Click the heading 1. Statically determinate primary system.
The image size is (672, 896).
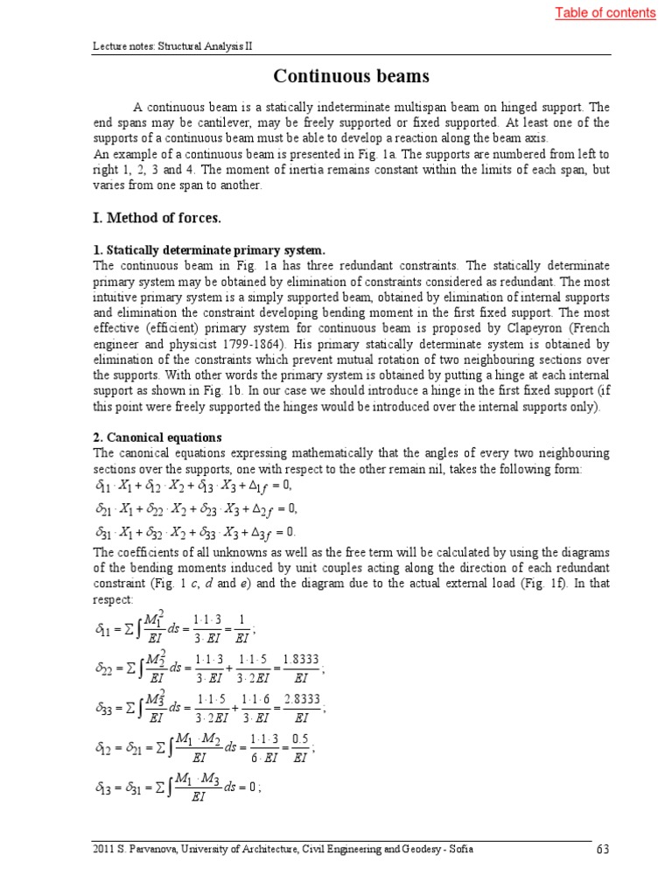click(209, 250)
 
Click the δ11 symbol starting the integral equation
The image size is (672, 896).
click(103, 627)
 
